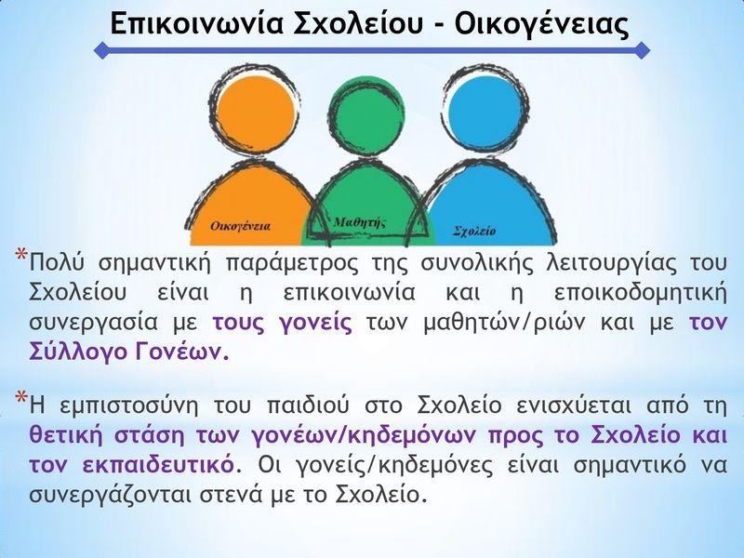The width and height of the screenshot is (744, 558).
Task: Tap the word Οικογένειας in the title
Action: [541, 24]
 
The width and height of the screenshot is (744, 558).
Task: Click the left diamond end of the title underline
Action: [102, 50]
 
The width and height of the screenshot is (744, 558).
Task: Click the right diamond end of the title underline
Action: [642, 50]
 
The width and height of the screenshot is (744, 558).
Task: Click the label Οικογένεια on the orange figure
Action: [240, 226]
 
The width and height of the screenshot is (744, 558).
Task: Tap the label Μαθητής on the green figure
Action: [359, 222]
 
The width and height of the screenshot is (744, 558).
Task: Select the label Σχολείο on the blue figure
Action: [474, 231]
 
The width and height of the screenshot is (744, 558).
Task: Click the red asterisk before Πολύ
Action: [21, 254]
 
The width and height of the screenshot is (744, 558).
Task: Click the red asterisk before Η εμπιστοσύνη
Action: [21, 398]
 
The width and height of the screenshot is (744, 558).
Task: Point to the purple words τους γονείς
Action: [283, 323]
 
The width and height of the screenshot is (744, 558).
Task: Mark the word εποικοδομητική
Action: [640, 294]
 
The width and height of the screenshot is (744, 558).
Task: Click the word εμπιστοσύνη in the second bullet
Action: [128, 406]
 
